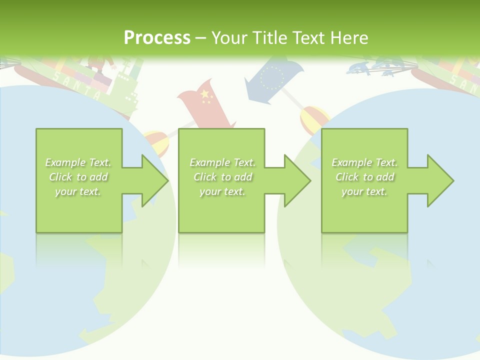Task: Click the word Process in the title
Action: pyautogui.click(x=157, y=37)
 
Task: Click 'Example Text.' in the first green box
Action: pyautogui.click(x=78, y=162)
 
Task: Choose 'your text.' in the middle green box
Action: pyautogui.click(x=222, y=191)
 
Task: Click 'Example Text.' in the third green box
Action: pyautogui.click(x=364, y=162)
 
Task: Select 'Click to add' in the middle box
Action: pyautogui.click(x=222, y=177)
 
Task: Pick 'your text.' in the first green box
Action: pyautogui.click(x=78, y=191)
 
